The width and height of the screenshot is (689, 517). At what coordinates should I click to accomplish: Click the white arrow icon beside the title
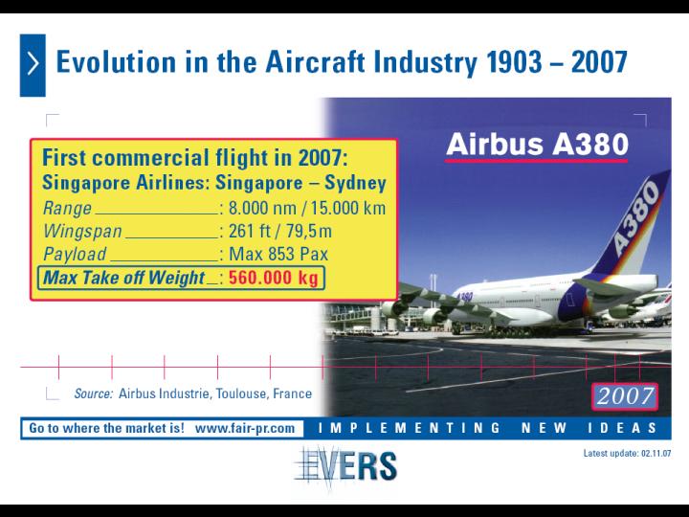(33, 63)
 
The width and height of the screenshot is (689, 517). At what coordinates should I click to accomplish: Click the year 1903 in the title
(514, 62)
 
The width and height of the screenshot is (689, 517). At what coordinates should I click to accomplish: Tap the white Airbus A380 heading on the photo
(537, 145)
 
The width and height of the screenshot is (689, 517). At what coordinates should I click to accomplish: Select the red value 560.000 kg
(274, 278)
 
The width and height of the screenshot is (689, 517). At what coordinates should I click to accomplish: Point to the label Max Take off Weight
(123, 278)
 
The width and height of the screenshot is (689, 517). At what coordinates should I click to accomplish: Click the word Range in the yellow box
(67, 209)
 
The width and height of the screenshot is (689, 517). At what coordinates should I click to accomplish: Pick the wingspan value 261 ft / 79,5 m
(280, 231)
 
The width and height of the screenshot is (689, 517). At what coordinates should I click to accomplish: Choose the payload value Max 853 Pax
(278, 254)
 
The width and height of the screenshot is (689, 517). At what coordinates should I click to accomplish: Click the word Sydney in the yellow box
(355, 183)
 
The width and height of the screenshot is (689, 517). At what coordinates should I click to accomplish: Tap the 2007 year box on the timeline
(625, 396)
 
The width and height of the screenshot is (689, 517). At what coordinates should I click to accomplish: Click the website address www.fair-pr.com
(245, 428)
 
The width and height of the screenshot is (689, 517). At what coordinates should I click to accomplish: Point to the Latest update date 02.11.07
(656, 453)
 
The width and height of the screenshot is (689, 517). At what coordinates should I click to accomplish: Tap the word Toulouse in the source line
(241, 393)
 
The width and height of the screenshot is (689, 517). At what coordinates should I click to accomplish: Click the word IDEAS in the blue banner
(622, 428)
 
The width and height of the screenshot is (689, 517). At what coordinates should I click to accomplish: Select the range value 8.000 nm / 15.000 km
(307, 208)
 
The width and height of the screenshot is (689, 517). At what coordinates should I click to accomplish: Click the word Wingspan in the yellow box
(82, 232)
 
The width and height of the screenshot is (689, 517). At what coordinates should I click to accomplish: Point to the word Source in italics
(94, 393)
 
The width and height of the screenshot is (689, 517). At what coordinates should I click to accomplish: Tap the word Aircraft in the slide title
(315, 62)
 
